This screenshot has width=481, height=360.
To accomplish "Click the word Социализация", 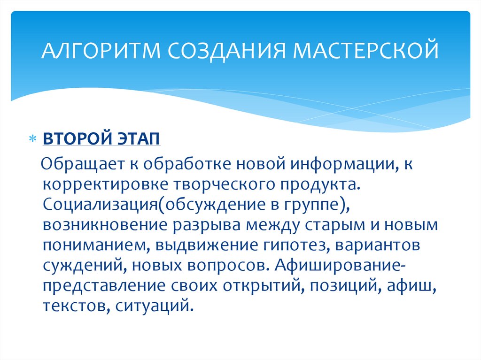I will click(101, 204).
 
